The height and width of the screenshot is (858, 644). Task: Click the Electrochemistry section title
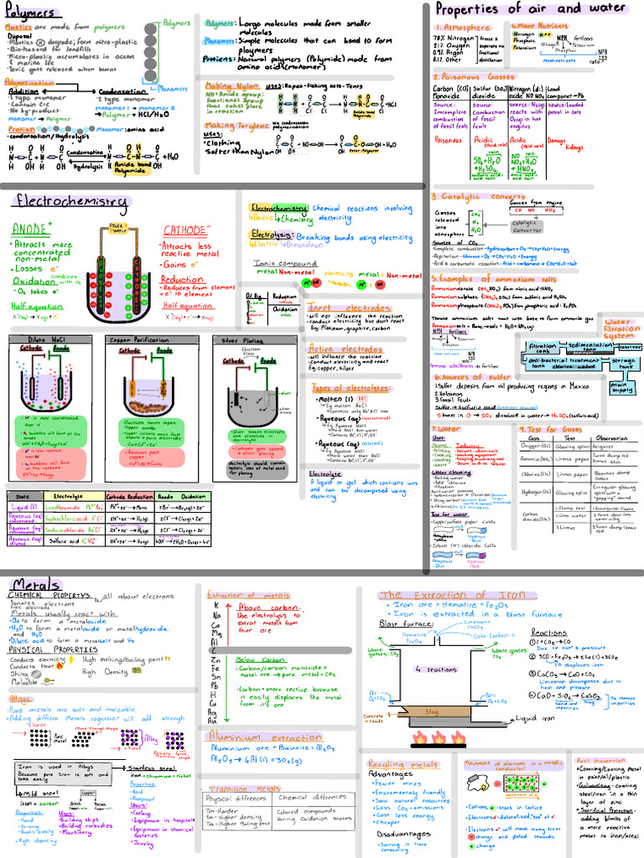click(x=70, y=201)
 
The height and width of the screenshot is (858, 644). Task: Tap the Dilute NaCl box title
click(x=36, y=340)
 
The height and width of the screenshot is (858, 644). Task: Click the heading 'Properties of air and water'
click(x=531, y=9)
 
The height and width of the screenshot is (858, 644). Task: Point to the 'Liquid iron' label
click(x=538, y=718)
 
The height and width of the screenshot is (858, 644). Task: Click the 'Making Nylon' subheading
click(x=231, y=85)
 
